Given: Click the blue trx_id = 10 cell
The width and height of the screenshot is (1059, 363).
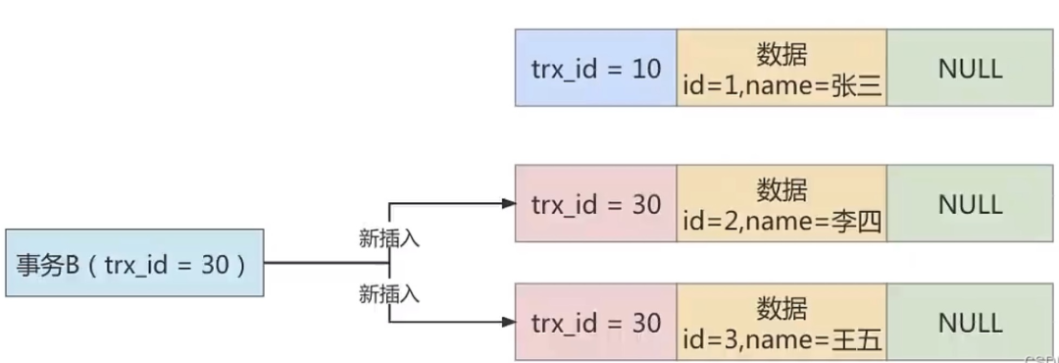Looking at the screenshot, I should (x=596, y=68).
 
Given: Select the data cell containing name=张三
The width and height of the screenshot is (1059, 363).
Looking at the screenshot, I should (x=782, y=68).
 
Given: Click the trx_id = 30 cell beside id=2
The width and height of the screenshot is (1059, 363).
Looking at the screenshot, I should (x=596, y=204).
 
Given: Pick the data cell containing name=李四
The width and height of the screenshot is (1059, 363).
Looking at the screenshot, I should (x=782, y=204).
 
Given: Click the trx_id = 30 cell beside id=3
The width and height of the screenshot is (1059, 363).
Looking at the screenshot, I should (x=596, y=323).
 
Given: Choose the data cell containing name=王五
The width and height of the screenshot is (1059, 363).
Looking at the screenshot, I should (x=782, y=323).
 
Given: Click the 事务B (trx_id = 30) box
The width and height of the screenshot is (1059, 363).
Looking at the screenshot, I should (x=134, y=263).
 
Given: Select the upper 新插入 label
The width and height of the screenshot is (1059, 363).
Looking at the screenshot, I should (x=389, y=238).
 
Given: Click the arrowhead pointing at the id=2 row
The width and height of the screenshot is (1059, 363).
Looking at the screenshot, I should (x=507, y=204).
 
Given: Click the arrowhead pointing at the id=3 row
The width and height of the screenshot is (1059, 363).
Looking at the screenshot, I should (x=507, y=323).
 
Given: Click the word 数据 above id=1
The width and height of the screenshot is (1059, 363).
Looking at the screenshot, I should (x=782, y=51).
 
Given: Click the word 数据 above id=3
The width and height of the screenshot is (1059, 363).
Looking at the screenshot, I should (x=782, y=306).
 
